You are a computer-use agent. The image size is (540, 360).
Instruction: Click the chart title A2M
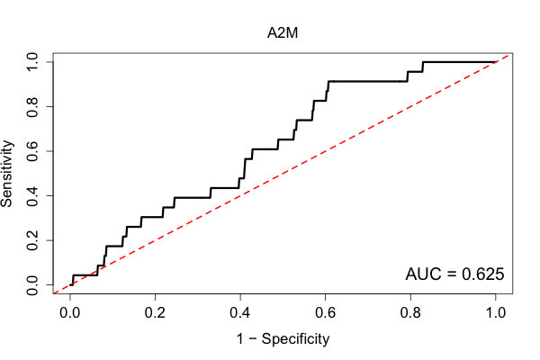283,33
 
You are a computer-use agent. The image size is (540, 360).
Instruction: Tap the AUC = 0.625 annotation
454,274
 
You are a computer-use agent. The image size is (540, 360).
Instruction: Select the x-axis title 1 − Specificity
283,339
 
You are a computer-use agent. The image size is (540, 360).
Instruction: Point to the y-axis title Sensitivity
6,174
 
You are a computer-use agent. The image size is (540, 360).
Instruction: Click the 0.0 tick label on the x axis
70,313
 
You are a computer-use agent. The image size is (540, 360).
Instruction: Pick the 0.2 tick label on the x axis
155,313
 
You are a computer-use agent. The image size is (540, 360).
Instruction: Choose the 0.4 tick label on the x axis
240,313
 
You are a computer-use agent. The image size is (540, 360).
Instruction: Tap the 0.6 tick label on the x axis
325,313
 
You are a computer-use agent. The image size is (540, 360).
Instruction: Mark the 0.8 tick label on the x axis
410,313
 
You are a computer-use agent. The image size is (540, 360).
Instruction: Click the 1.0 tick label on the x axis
495,313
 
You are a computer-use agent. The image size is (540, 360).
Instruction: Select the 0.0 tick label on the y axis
32,285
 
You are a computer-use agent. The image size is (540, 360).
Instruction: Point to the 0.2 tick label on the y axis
32,240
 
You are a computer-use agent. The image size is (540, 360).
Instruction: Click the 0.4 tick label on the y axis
32,195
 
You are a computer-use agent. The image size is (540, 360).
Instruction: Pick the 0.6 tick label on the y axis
32,151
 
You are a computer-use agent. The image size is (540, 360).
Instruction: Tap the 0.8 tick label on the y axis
32,107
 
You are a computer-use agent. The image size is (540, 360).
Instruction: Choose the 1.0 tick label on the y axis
32,62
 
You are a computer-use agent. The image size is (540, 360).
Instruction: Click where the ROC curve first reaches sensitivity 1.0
423,62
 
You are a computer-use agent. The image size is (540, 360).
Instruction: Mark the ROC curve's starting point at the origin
70,284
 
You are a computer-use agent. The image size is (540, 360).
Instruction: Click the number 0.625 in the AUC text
482,274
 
